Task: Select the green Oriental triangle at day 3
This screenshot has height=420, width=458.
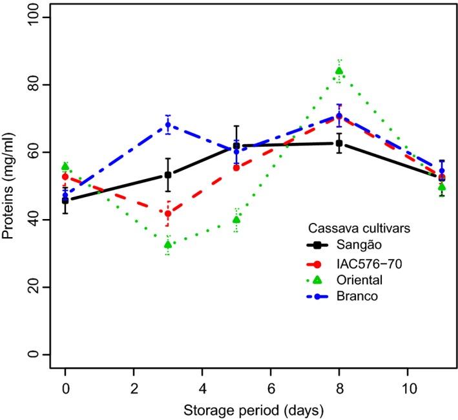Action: pos(168,244)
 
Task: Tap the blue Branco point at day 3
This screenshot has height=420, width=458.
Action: pos(168,125)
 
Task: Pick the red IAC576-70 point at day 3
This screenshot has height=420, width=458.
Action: pos(168,214)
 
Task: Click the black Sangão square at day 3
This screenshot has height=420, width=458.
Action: pos(168,174)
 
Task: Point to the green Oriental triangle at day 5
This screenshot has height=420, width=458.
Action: pos(236,220)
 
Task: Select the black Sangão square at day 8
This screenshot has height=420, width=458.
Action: pos(338,143)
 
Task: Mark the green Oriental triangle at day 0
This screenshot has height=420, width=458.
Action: pos(65,166)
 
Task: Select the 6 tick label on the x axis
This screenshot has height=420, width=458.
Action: pos(271,390)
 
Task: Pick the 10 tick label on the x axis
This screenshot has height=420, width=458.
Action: pos(407,390)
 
